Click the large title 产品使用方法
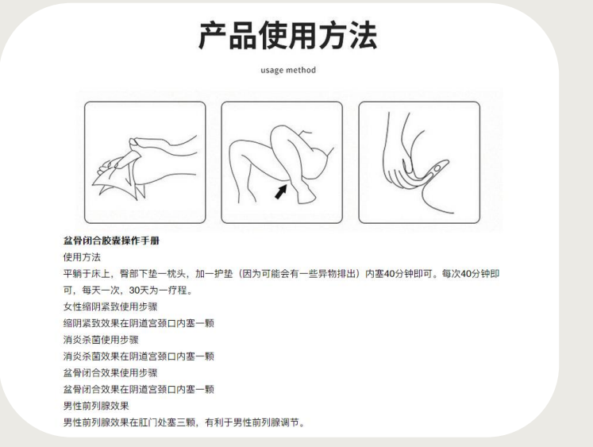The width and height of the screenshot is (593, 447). click(x=288, y=36)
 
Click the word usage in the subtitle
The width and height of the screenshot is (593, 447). click(x=272, y=71)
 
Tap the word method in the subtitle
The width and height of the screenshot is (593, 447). click(x=301, y=70)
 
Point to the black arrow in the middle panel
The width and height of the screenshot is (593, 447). click(x=280, y=191)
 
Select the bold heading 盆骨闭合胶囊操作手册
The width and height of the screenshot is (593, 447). click(x=111, y=241)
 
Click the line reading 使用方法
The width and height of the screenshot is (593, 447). click(x=82, y=257)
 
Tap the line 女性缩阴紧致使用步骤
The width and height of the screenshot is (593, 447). click(x=110, y=306)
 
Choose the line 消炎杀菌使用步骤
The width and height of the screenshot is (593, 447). click(x=101, y=340)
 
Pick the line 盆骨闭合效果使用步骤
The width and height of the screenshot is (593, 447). click(x=110, y=373)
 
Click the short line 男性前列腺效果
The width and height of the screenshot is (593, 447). click(x=96, y=406)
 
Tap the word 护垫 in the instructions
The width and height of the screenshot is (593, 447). click(x=224, y=273)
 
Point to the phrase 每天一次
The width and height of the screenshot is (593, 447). click(x=101, y=290)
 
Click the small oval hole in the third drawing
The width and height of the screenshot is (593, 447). click(x=437, y=168)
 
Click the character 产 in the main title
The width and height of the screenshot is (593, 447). click(x=213, y=36)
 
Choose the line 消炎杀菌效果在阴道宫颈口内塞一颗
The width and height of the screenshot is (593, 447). click(x=139, y=356)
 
